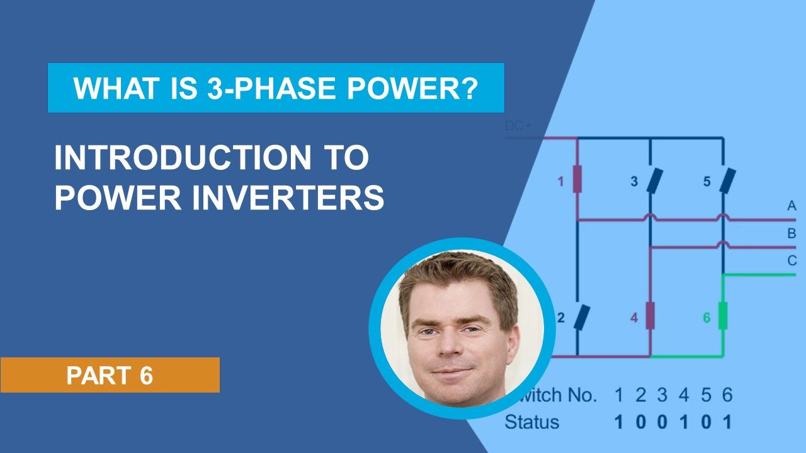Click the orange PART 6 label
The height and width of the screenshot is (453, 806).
pos(110,376)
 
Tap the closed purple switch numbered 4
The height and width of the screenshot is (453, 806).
pos(650,316)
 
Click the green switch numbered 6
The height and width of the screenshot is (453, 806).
pos(723,316)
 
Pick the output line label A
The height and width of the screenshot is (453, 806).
pos(792,206)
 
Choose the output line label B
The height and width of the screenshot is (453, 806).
pos(792,233)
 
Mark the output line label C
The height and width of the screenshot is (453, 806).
pos(792,260)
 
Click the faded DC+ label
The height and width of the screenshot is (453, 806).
pos(518,126)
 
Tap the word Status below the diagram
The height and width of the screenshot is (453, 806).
pos(531,422)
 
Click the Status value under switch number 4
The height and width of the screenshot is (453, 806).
pos(684,422)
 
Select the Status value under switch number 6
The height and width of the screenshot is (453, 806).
pos(727,422)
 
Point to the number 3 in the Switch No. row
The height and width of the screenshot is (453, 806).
pos(662,395)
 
